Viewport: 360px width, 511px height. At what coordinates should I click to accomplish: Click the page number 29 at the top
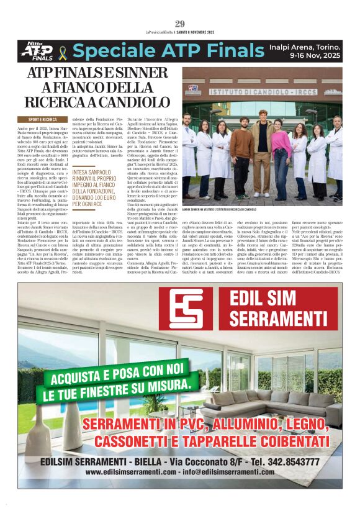[x=180, y=24]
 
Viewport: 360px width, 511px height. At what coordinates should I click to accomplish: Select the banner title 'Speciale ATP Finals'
[x=167, y=52]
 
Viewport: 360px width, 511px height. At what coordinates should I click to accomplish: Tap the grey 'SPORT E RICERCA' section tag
[x=43, y=119]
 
